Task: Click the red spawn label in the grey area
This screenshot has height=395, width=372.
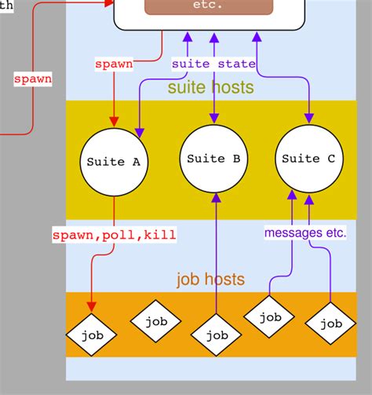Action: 33,79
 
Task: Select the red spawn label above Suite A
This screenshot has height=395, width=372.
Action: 113,64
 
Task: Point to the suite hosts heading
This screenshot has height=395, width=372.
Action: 210,87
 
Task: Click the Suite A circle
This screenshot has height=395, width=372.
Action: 113,162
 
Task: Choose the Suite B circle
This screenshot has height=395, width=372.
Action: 213,159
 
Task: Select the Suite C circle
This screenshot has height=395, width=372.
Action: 308,159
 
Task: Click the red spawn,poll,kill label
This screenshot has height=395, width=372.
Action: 114,234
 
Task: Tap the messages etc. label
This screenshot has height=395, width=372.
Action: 305,232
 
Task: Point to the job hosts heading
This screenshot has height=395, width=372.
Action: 210,279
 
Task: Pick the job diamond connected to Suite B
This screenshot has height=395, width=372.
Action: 213,335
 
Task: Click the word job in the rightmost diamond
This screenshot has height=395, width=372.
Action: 330,324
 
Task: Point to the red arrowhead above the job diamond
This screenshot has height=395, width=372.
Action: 92,305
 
